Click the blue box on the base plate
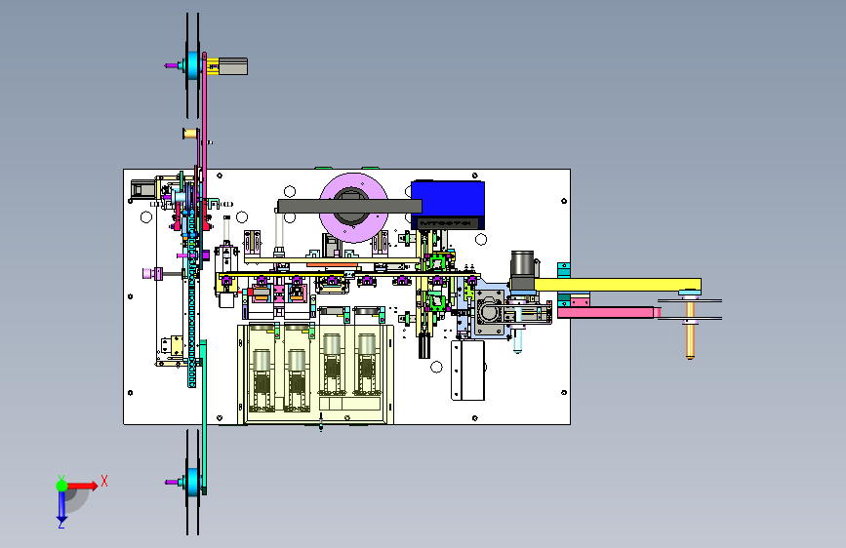coord(448,203)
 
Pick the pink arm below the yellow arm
coord(609,313)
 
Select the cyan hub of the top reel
coord(192,66)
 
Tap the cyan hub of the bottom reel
coord(192,482)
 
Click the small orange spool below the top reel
coord(189,134)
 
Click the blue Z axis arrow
coord(61,506)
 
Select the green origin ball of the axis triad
coord(61,485)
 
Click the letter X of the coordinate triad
coord(103,481)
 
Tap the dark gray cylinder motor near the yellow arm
coord(523,266)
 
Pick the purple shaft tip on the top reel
coord(171,66)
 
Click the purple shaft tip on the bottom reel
coord(172,482)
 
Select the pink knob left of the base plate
coord(149,273)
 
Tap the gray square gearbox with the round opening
coord(489,312)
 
